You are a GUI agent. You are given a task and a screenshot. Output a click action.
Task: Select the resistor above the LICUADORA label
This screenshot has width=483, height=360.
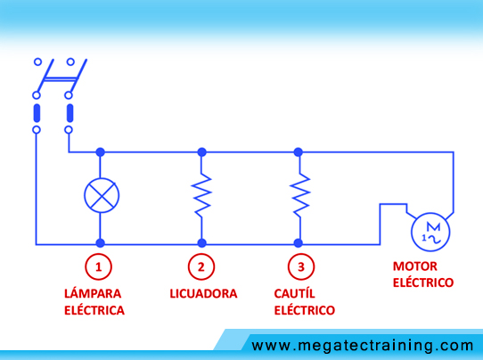click(x=201, y=195)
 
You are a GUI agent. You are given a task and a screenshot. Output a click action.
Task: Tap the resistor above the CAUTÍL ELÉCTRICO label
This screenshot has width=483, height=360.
click(x=299, y=195)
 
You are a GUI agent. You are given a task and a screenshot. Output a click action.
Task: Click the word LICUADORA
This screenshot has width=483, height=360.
click(x=203, y=294)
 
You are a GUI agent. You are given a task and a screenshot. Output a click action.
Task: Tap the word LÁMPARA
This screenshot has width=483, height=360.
click(x=93, y=293)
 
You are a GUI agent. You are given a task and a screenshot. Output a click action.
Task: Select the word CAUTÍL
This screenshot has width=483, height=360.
click(x=294, y=293)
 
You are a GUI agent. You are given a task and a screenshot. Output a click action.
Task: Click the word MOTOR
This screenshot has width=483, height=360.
click(x=415, y=266)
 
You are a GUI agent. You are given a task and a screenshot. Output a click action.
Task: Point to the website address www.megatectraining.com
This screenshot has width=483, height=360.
click(x=362, y=346)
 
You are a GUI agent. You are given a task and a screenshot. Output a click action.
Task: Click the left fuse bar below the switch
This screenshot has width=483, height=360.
click(x=37, y=113)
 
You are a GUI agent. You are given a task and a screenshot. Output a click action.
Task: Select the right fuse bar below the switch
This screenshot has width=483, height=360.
click(x=70, y=113)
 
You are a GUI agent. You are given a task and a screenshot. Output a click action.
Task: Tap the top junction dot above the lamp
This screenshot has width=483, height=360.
click(x=100, y=151)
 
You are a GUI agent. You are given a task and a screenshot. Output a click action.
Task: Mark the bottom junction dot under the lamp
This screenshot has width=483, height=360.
click(x=100, y=243)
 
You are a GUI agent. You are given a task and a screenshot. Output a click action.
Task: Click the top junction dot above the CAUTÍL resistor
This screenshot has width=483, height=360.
click(x=299, y=151)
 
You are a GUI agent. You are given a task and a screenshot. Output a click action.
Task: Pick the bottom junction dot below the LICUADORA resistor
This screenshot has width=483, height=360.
click(x=201, y=243)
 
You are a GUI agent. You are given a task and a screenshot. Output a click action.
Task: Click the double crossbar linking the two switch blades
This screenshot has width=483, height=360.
click(x=60, y=80)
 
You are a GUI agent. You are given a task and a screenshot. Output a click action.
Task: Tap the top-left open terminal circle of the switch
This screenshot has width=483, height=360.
click(x=37, y=61)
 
